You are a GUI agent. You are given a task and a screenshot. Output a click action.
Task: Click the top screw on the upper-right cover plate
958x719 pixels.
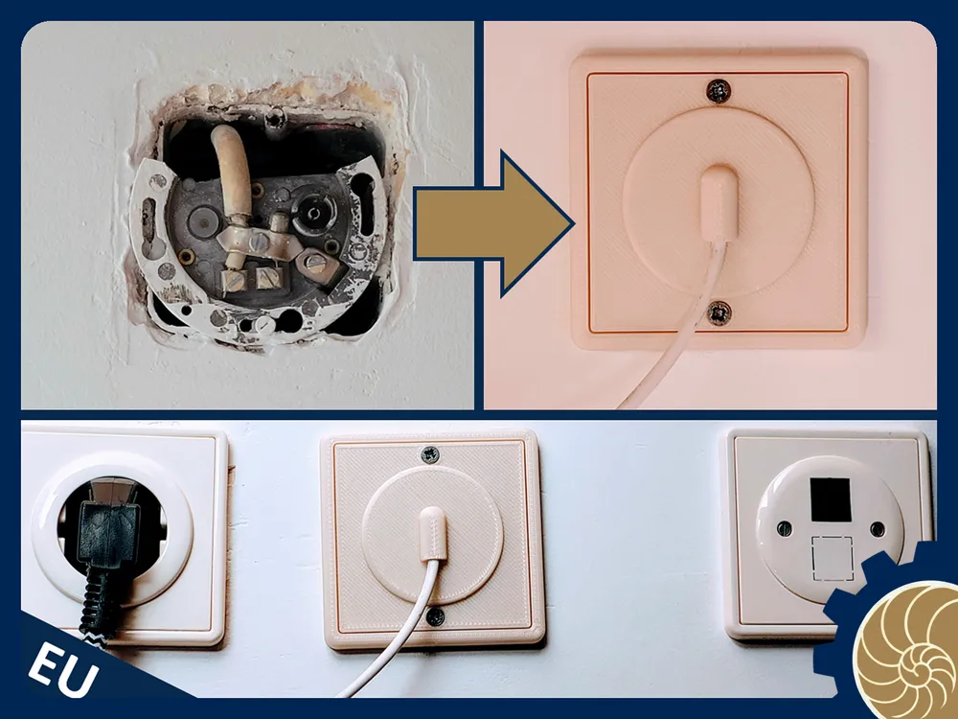(718, 91)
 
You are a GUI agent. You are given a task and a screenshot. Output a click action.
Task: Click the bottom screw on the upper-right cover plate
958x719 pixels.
(719, 313)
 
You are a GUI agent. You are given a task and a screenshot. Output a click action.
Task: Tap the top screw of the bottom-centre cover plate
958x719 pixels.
(430, 454)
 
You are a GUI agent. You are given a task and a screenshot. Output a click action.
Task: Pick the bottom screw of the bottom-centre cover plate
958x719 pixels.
(435, 616)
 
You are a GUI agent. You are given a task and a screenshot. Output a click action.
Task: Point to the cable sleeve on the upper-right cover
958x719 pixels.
(718, 202)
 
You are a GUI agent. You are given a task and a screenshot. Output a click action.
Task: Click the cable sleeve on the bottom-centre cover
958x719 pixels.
(432, 532)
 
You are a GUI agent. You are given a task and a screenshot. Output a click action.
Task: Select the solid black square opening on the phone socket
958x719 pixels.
(831, 499)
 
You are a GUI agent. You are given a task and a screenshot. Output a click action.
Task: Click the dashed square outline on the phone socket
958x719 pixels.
(832, 558)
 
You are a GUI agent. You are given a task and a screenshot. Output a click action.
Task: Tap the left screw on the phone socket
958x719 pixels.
(784, 528)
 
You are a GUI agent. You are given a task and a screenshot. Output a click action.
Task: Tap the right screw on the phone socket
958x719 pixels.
(878, 529)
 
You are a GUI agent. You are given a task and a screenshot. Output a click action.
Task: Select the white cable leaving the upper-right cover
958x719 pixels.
(678, 324)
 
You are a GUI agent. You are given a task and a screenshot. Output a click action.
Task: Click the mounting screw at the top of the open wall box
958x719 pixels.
(276, 116)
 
